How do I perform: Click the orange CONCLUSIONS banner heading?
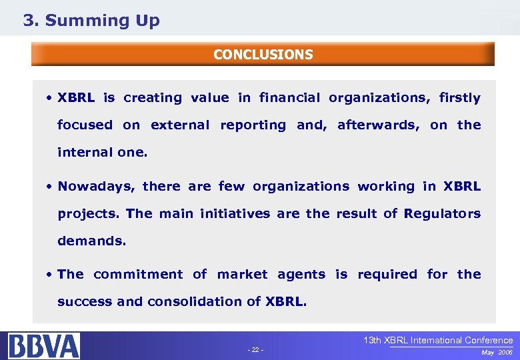tap(263, 55)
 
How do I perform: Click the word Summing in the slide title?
tap(88, 21)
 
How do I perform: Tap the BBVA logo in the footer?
tap(44, 346)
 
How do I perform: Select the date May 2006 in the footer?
tap(497, 351)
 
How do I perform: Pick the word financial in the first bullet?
tap(289, 98)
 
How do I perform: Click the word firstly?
tap(459, 98)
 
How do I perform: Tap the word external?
tap(180, 125)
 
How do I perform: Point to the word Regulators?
tap(442, 213)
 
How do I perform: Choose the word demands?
tap(91, 241)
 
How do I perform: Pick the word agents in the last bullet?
tap(301, 275)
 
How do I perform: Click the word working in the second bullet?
tap(386, 186)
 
